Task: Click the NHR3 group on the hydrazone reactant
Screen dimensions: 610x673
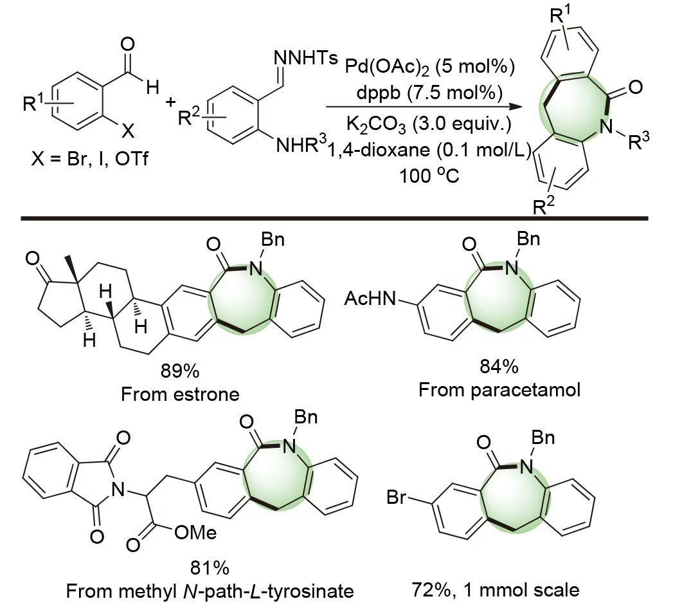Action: tap(301, 147)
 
